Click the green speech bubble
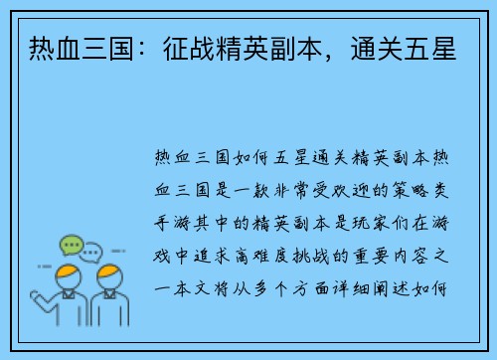70,245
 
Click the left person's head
68,273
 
